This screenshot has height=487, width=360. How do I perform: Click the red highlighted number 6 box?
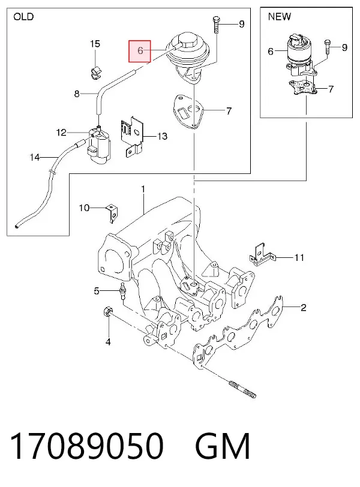pos(140,51)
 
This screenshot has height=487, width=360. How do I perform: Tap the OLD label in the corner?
pos(23,16)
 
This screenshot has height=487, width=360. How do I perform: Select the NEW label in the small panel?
pos(280,16)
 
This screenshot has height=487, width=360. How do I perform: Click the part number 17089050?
pos(86,446)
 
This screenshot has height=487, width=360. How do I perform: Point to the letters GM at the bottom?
pos(223,446)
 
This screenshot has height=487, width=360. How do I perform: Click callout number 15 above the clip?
pos(95,44)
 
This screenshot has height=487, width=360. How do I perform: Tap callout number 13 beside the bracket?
pos(163,136)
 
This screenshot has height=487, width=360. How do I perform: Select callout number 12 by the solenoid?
pos(62,133)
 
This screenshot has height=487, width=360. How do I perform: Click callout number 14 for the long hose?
pos(35,158)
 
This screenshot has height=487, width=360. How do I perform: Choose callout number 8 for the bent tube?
pos(77,94)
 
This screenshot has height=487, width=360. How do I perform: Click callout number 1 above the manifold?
pos(143,189)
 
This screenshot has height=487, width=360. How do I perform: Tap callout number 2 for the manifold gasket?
pos(303,308)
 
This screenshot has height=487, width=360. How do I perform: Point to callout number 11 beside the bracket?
pos(299,257)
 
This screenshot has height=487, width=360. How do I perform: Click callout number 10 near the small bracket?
pos(84,208)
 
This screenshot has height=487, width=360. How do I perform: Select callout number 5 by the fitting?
pos(97,291)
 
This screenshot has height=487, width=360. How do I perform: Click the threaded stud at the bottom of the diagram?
pos(242,389)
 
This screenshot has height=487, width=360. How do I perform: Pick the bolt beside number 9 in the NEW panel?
pos(326,47)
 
